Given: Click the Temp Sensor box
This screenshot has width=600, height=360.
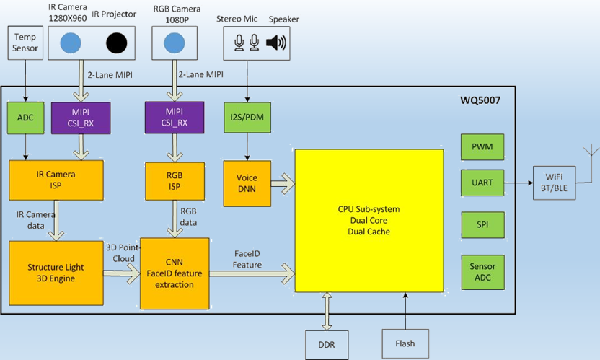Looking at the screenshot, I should point(25,43).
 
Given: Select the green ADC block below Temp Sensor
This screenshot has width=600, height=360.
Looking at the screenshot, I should point(25,118).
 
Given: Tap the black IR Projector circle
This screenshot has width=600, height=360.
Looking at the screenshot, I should point(117,43).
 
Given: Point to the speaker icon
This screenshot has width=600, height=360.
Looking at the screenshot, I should point(275,43).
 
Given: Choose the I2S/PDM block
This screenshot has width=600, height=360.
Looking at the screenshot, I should point(247,118).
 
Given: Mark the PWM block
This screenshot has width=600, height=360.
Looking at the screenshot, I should point(482,146).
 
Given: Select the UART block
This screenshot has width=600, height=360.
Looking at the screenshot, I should point(482,183).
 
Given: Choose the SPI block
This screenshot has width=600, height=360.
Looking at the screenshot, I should point(482,225).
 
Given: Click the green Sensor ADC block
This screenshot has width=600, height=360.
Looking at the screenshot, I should point(482,272).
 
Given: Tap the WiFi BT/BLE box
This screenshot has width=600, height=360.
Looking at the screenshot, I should point(556,183).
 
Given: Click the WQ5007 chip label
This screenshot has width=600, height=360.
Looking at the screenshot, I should point(480,101).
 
